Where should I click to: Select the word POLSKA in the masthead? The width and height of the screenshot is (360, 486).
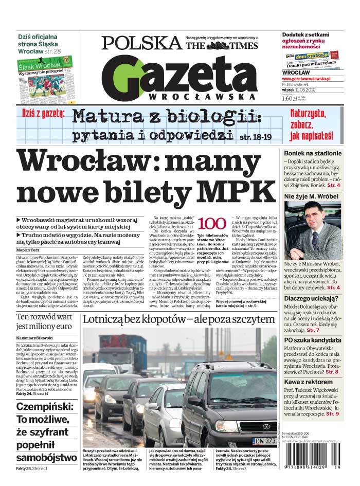[141, 43]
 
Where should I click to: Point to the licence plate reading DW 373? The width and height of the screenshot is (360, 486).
[265, 441]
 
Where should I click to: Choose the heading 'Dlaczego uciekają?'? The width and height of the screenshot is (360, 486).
[312, 299]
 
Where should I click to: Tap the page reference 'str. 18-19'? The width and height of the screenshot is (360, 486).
[256, 137]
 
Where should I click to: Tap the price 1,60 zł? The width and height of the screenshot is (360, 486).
[290, 99]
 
